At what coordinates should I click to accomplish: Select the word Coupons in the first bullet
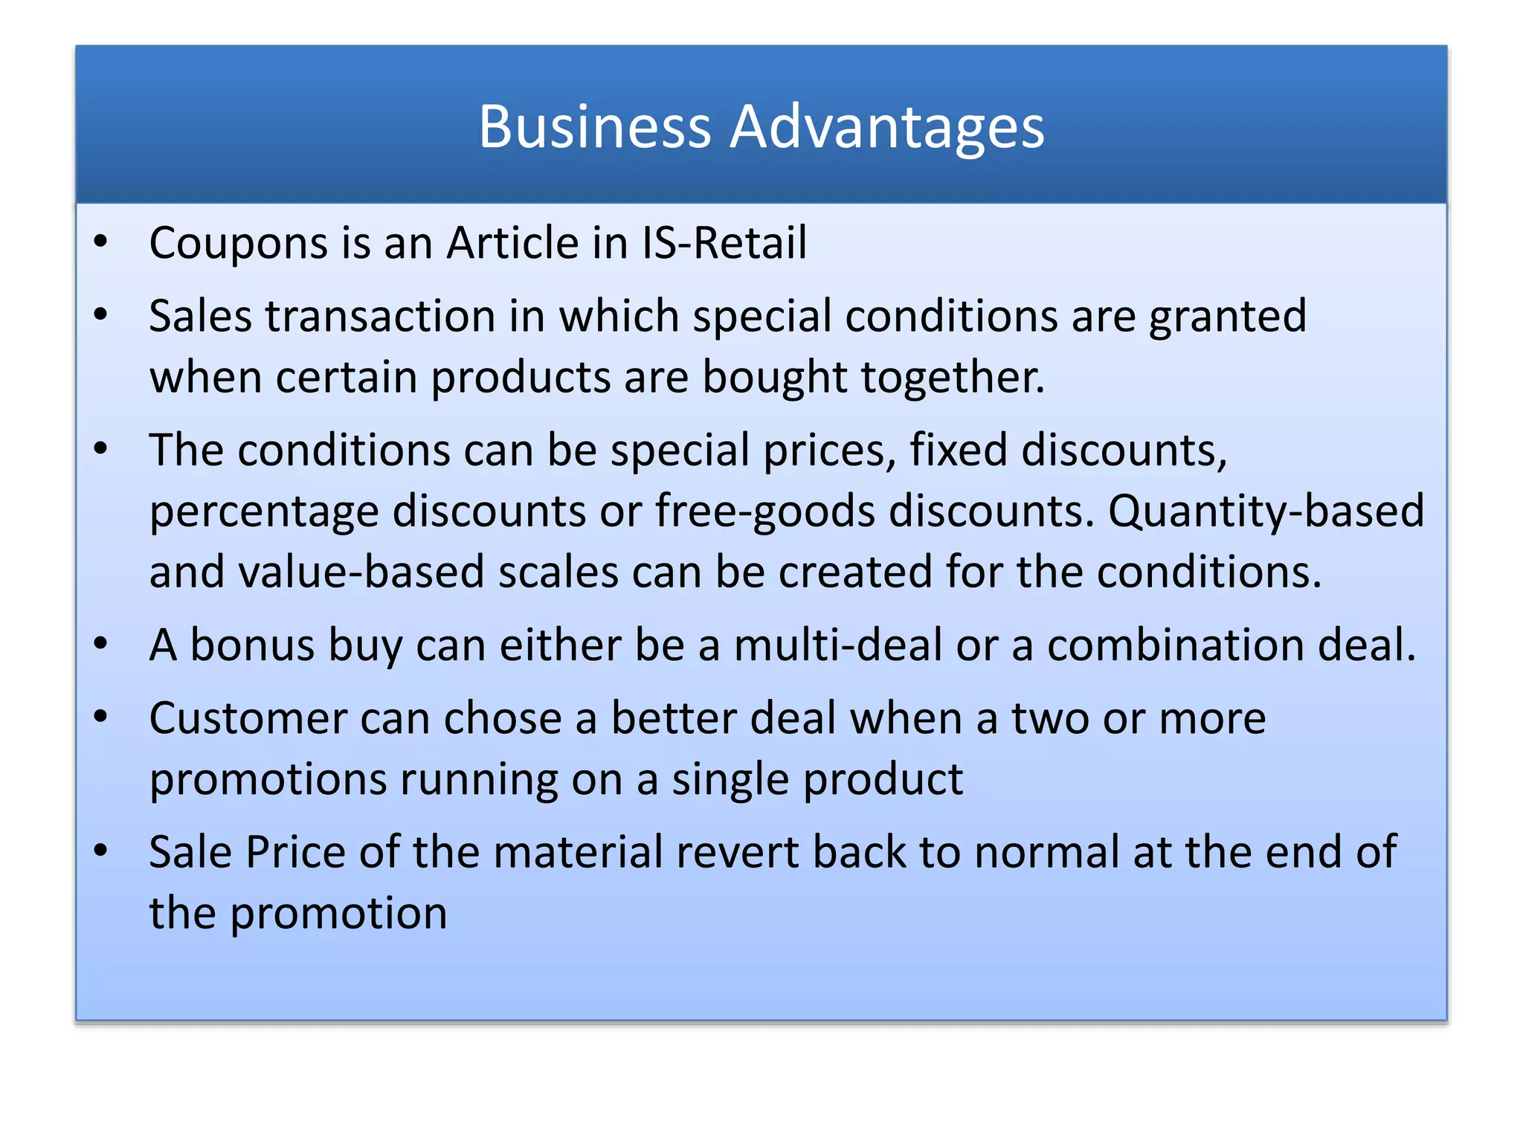[x=238, y=244]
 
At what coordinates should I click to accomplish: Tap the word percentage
[x=264, y=513]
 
